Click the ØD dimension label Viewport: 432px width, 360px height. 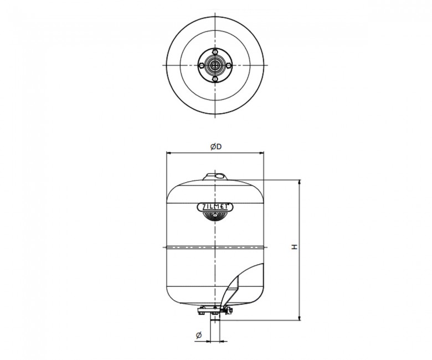[216, 147]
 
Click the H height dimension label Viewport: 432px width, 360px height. [295, 247]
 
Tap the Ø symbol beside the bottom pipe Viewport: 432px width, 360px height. [199, 335]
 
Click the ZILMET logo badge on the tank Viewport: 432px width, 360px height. [215, 207]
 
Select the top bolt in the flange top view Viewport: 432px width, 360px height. [215, 52]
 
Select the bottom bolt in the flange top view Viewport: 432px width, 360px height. [215, 79]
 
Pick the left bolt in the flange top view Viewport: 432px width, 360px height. [202, 65]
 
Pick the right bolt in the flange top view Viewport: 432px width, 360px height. [229, 65]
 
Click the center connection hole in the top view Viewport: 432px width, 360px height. [215, 65]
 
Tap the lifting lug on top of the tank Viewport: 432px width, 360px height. [215, 177]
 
